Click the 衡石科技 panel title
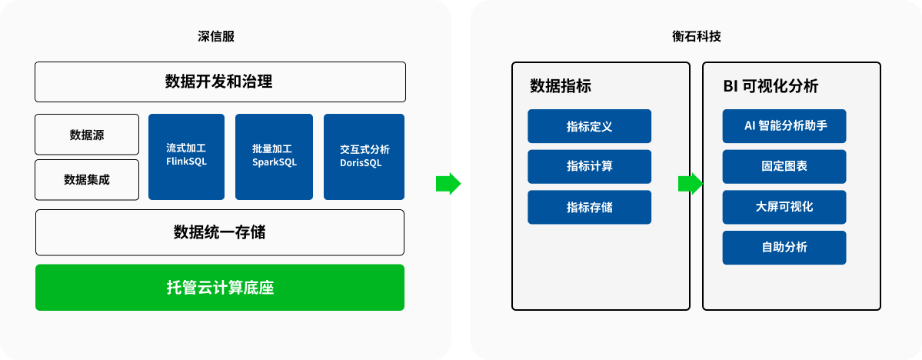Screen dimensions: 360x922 tap(696, 36)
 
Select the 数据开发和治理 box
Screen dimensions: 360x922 tap(220, 82)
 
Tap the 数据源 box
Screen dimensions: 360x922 tap(87, 135)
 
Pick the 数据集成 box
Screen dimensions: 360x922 tap(87, 180)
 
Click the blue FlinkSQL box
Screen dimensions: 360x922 tap(186, 156)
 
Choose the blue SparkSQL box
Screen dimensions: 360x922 tap(274, 156)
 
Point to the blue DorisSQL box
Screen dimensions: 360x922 tap(364, 156)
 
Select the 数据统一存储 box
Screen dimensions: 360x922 tap(220, 232)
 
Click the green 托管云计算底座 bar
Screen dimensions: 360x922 tap(220, 288)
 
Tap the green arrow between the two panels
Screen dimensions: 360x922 tap(448, 184)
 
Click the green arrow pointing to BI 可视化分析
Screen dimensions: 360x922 tap(690, 184)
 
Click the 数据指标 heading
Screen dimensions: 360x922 tap(561, 86)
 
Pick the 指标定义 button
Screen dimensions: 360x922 tap(589, 126)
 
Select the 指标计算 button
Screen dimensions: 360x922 tap(589, 166)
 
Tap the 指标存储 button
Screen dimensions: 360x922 tap(589, 207)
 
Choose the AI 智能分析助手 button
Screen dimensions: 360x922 tap(784, 126)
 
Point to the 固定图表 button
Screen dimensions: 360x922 tap(784, 166)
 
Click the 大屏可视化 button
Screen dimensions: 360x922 tap(784, 207)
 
